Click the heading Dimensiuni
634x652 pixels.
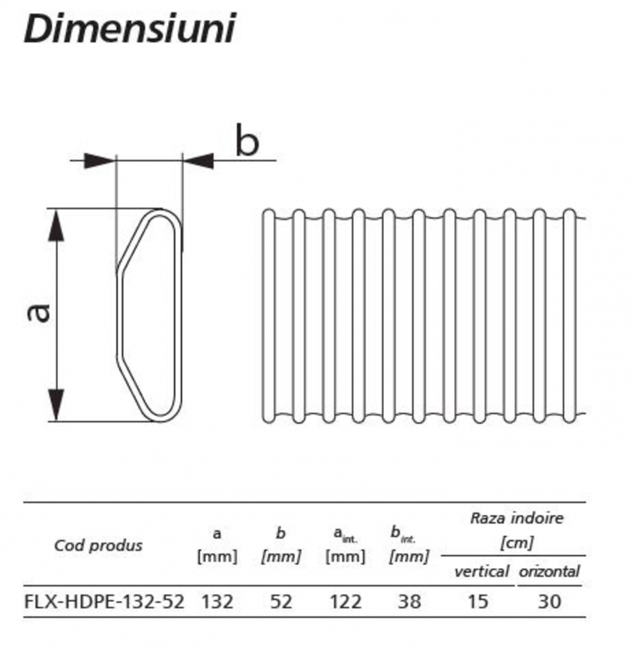tap(129, 29)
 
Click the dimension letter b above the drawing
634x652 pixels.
tap(247, 141)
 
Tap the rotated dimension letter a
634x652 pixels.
tap(39, 312)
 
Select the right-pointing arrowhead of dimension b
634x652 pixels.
tap(99, 161)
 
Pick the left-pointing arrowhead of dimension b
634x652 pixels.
tap(199, 161)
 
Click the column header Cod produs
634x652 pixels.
tap(98, 545)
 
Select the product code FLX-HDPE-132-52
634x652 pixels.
tap(104, 601)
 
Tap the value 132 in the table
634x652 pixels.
tap(217, 601)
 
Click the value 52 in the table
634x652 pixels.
tap(281, 601)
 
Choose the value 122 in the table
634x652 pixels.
tap(345, 601)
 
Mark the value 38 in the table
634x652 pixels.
tap(409, 601)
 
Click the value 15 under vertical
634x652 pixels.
tap(477, 601)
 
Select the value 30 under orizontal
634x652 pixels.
tap(549, 601)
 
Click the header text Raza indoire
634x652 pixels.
tap(516, 518)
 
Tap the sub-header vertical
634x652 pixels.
tap(481, 571)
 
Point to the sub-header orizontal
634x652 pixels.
tap(549, 571)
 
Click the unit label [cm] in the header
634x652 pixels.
tap(515, 543)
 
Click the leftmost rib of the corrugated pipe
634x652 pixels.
tap(269, 315)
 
